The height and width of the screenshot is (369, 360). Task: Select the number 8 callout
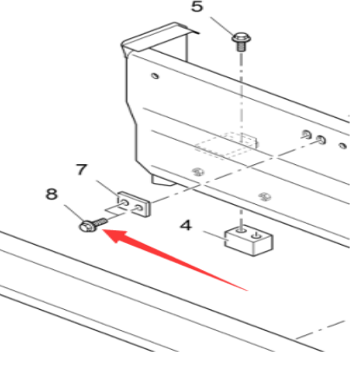pos(52,195)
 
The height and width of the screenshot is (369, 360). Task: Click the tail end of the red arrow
pos(248,287)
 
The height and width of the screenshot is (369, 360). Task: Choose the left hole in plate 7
pos(127,201)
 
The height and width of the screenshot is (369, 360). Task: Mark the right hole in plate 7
pos(139,206)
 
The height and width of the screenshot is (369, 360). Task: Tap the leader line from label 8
pos(70,211)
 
